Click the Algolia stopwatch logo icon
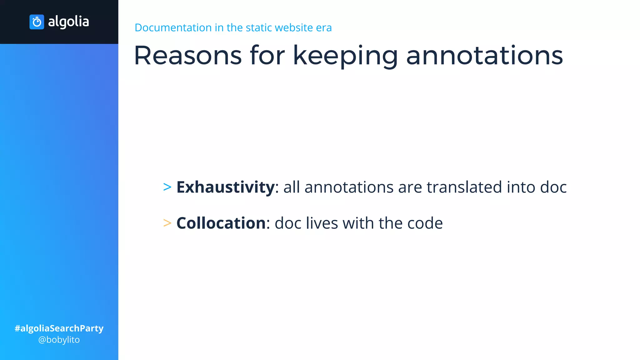37,22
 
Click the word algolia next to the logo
68,22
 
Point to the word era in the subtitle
324,27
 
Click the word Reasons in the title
188,56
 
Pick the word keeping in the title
345,56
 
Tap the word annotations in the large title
484,56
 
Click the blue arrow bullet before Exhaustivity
167,187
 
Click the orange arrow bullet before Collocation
167,223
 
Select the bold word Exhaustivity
226,187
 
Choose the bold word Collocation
221,223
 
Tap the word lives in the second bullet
322,223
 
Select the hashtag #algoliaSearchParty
59,328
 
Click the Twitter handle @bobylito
59,340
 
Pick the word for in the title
267,56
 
